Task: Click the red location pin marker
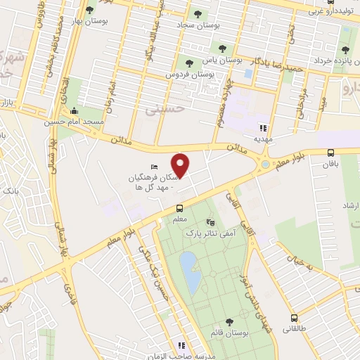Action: [181, 165]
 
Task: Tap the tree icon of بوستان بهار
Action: [89, 10]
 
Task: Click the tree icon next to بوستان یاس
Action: [223, 49]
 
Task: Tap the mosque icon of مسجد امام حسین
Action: [75, 110]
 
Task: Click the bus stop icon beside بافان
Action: [331, 153]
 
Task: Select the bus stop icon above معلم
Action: [179, 208]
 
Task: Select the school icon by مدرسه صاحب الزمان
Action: [181, 345]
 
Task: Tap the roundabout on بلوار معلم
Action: [265, 164]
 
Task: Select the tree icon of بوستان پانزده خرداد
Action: [345, 49]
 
